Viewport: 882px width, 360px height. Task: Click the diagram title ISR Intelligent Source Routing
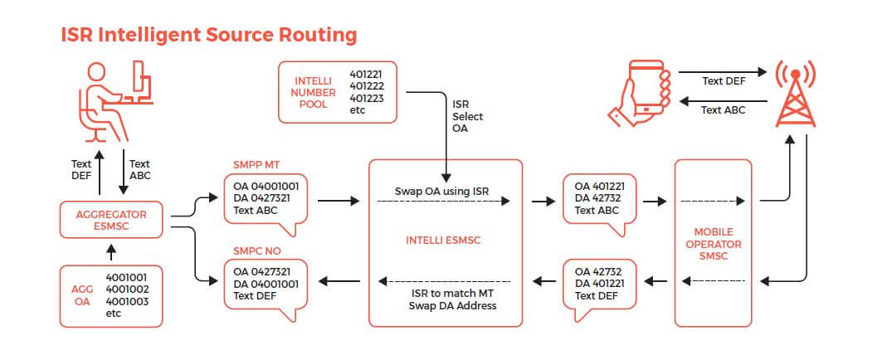pyautogui.click(x=209, y=35)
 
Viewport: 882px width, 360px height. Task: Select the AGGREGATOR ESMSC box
pyautogui.click(x=111, y=220)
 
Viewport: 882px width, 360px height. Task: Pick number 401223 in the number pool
pyautogui.click(x=367, y=98)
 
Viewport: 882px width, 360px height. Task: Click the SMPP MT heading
pyautogui.click(x=256, y=165)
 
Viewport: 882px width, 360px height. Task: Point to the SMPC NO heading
pyautogui.click(x=256, y=251)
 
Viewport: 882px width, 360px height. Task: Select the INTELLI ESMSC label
pyautogui.click(x=444, y=241)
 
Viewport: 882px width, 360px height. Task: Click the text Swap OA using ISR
pyautogui.click(x=441, y=192)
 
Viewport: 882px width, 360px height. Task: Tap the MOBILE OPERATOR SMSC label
pyautogui.click(x=714, y=244)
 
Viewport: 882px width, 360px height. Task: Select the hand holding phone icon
pyautogui.click(x=640, y=93)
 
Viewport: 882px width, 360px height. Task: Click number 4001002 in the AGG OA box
pyautogui.click(x=127, y=289)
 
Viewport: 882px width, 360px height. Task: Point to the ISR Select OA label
pyautogui.click(x=467, y=116)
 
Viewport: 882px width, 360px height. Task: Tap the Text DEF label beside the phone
pyautogui.click(x=724, y=81)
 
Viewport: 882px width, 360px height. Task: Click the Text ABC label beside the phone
pyautogui.click(x=723, y=110)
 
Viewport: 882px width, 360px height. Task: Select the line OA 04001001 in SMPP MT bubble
pyautogui.click(x=266, y=186)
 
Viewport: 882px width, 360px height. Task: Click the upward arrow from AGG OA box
pyautogui.click(x=110, y=252)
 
